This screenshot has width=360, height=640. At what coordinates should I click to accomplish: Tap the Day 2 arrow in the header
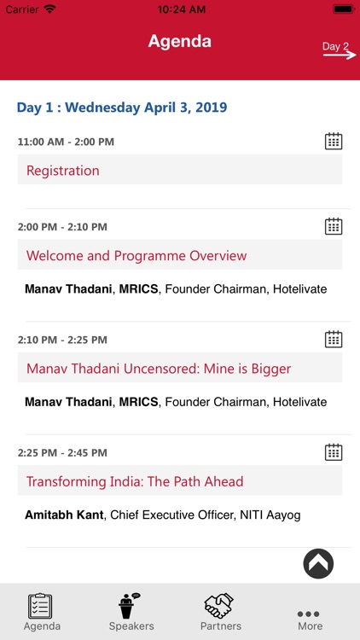tap(336, 49)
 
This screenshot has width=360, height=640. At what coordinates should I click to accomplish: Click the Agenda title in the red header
tap(180, 41)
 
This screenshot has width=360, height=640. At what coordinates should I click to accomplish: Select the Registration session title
tap(63, 171)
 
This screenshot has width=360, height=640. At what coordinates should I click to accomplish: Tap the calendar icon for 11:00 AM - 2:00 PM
tap(334, 141)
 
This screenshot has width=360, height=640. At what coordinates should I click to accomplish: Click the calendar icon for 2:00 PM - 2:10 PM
tap(334, 226)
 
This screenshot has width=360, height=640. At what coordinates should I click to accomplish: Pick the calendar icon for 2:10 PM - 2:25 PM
tap(334, 339)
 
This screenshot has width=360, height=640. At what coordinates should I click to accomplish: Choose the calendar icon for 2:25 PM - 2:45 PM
tap(334, 451)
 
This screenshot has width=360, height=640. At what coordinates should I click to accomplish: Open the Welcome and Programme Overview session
tap(136, 256)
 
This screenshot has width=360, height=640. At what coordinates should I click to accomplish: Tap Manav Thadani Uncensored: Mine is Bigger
tap(159, 369)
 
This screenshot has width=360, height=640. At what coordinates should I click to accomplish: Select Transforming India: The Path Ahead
tap(135, 481)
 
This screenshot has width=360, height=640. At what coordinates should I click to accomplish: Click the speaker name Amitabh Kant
tap(64, 515)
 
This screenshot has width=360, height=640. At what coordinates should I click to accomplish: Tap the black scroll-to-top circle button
tap(318, 563)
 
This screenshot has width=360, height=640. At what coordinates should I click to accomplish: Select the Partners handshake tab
tap(220, 612)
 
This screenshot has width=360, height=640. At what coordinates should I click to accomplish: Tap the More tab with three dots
tap(310, 618)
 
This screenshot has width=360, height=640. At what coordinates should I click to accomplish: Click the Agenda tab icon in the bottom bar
tap(41, 606)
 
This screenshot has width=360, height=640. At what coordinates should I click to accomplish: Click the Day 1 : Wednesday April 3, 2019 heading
tap(122, 108)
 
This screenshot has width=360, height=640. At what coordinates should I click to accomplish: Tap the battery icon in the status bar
tap(343, 9)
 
